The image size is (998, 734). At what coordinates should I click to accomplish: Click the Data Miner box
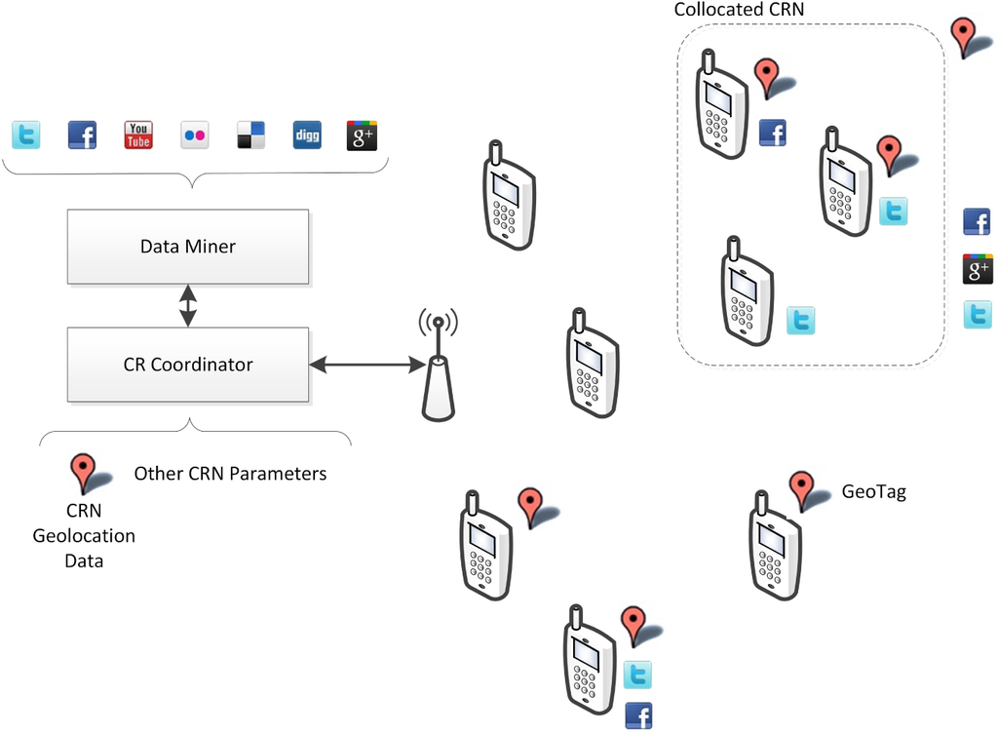tap(187, 247)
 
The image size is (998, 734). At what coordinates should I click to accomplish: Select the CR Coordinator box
tap(187, 366)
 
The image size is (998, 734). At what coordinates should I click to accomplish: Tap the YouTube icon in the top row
tap(138, 135)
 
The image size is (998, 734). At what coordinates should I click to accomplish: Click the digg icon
tap(307, 135)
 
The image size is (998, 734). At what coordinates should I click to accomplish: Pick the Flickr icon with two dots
tap(195, 135)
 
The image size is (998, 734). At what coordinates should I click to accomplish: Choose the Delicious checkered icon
tap(250, 135)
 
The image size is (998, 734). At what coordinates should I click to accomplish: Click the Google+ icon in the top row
tap(362, 135)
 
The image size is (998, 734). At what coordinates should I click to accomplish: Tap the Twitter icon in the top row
tap(26, 135)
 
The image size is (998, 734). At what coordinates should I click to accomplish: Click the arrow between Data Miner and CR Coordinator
tap(187, 306)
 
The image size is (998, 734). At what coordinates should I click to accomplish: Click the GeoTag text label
tap(873, 492)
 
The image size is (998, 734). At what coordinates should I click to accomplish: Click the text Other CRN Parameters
tap(230, 474)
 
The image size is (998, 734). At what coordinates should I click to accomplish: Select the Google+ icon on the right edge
tap(978, 269)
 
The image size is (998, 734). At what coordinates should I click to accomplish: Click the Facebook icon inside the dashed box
tap(773, 133)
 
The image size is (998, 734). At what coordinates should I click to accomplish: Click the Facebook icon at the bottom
tap(638, 715)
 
